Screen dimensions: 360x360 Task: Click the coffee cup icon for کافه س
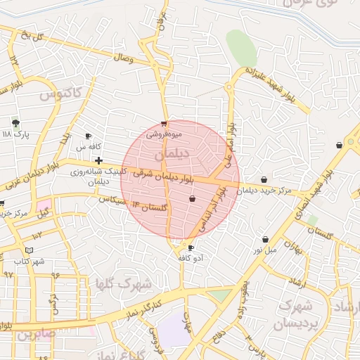coord(88,136)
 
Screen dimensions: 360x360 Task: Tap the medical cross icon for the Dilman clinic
coord(98,161)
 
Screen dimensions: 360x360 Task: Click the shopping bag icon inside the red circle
coord(192,199)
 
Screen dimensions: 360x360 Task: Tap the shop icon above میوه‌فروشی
coord(164,123)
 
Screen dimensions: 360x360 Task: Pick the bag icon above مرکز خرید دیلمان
coord(264,180)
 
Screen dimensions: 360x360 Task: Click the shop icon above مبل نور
coord(265,239)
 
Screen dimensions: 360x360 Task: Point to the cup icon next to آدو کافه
coord(191,248)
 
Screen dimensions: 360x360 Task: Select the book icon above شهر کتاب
coord(29,250)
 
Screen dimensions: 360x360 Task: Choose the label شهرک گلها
coord(124,284)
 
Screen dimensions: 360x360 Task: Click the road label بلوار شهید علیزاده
coord(278,87)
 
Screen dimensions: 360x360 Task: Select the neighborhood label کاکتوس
coord(60,92)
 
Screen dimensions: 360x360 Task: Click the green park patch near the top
coord(242,48)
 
